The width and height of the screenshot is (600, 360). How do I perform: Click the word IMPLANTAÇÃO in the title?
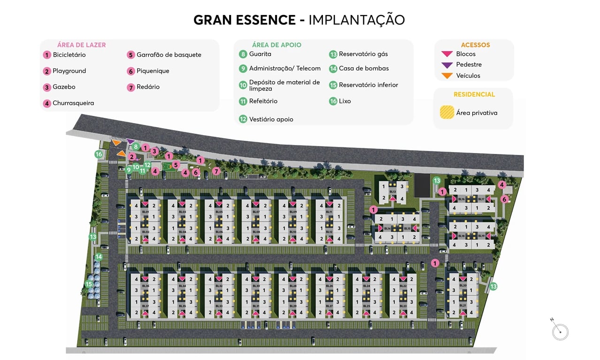[356, 20]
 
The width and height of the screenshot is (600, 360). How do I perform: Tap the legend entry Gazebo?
[64, 87]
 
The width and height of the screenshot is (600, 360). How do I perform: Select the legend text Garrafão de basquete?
[169, 55]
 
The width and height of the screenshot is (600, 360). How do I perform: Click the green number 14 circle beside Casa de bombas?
[333, 69]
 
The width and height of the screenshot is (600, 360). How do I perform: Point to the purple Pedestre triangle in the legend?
[447, 65]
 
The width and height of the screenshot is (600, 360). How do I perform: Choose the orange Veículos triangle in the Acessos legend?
[447, 76]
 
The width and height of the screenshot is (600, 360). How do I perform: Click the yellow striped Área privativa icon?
[446, 113]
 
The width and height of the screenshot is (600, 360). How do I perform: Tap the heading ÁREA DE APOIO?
[277, 45]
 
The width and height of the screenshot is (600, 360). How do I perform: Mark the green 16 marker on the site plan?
[99, 154]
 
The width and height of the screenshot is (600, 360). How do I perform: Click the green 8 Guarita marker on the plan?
[136, 146]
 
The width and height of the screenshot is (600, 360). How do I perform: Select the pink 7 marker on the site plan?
[216, 171]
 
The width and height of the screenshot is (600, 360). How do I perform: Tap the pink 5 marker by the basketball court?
[176, 165]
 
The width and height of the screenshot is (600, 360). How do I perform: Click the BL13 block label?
[393, 192]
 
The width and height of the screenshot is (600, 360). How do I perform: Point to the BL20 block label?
[462, 285]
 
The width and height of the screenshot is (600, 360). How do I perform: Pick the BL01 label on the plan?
[145, 212]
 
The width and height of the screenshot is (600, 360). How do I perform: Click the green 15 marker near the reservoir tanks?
[89, 283]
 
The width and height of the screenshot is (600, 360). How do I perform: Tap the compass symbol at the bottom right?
[560, 331]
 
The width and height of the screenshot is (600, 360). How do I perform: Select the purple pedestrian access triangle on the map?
[131, 141]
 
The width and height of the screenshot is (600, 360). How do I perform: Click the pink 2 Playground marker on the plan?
[132, 156]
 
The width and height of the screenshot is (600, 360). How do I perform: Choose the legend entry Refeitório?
[263, 101]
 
